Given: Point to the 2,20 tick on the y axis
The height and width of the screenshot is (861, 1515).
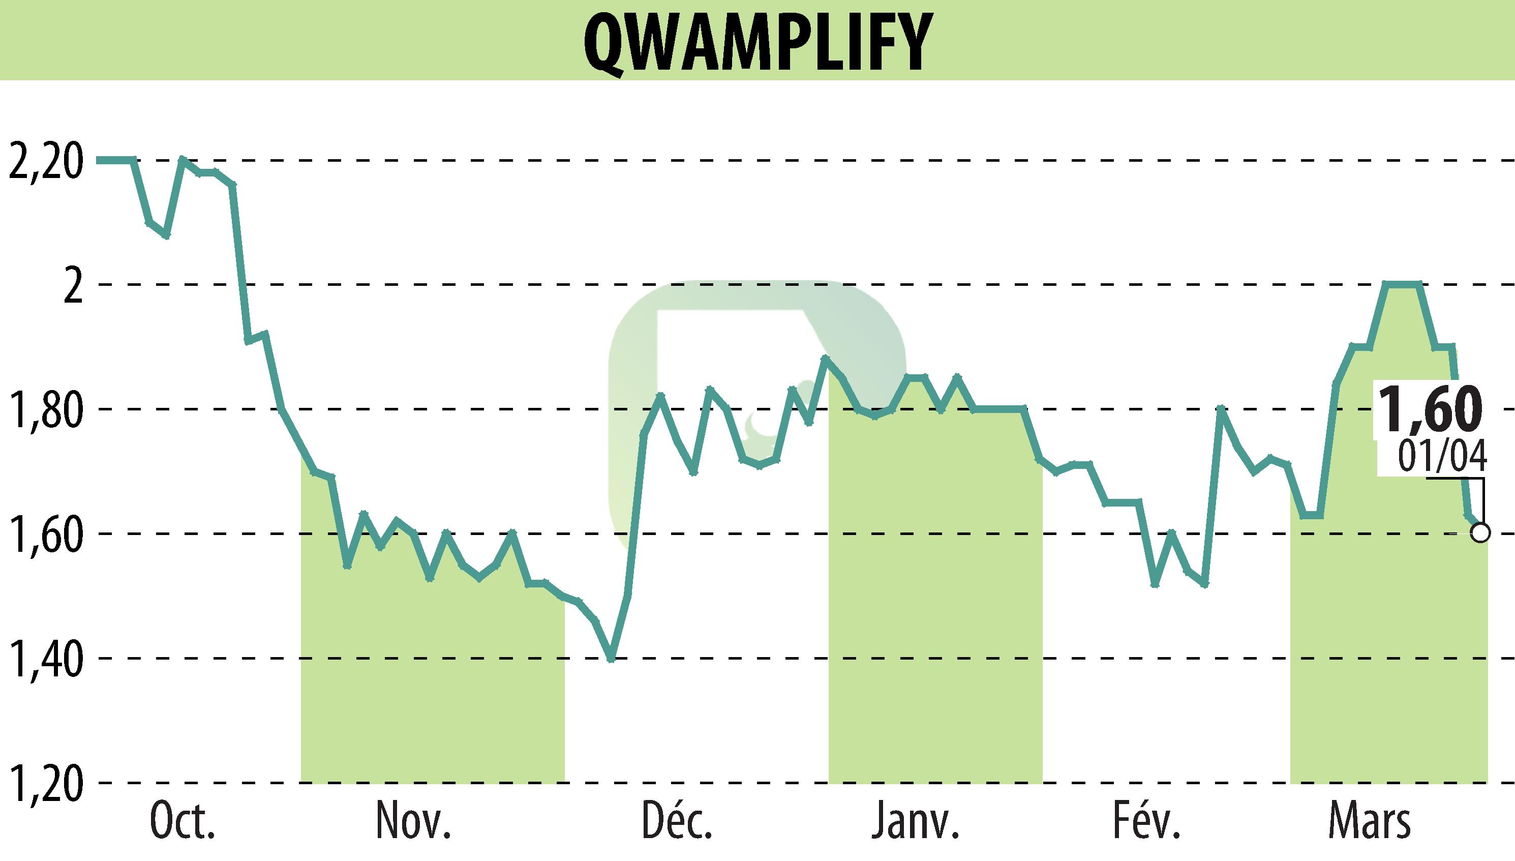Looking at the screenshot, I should [44, 161].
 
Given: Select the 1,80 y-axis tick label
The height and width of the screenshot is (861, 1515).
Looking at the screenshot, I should [44, 410].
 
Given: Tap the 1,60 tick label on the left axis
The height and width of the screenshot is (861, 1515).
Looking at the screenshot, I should [44, 535].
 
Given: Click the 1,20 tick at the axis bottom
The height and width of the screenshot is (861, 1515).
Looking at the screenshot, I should [44, 784].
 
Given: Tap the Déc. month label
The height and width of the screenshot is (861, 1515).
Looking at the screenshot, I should [677, 821].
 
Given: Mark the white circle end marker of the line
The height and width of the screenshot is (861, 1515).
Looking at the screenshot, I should [1480, 533].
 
